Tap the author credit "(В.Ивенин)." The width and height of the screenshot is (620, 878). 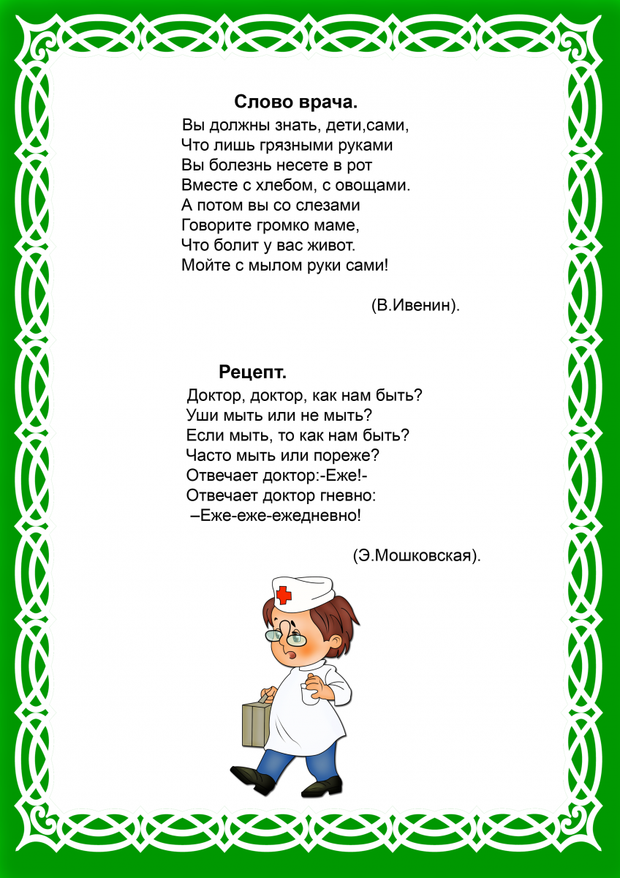pyautogui.click(x=415, y=306)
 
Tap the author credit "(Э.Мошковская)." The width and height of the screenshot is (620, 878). pyautogui.click(x=417, y=555)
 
